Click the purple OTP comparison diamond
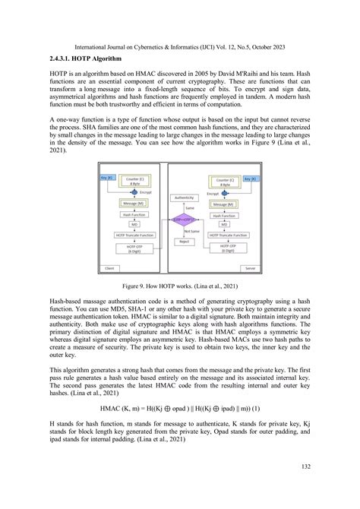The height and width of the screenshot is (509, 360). (183, 220)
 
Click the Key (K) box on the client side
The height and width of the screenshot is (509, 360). (106, 178)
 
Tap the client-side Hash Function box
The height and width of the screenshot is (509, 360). (134, 215)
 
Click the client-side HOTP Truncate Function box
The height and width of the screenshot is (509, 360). (134, 235)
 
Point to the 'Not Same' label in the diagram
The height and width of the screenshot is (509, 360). (186, 232)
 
